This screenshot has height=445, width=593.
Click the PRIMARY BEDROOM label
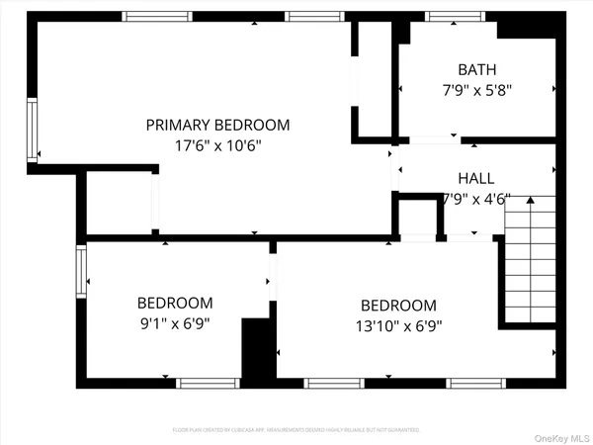click(217, 125)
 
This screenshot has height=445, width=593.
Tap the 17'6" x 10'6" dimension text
click(217, 144)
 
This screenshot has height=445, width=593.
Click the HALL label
click(475, 178)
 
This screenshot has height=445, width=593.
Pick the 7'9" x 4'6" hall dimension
click(475, 198)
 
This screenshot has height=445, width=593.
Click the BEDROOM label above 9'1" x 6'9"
click(174, 303)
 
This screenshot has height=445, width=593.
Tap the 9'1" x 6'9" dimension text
click(174, 322)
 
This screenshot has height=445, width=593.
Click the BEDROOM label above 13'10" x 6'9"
click(397, 306)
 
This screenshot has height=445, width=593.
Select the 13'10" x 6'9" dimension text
click(397, 325)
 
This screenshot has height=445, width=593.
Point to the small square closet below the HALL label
click(417, 216)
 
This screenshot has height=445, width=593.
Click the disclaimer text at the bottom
click(296, 430)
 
